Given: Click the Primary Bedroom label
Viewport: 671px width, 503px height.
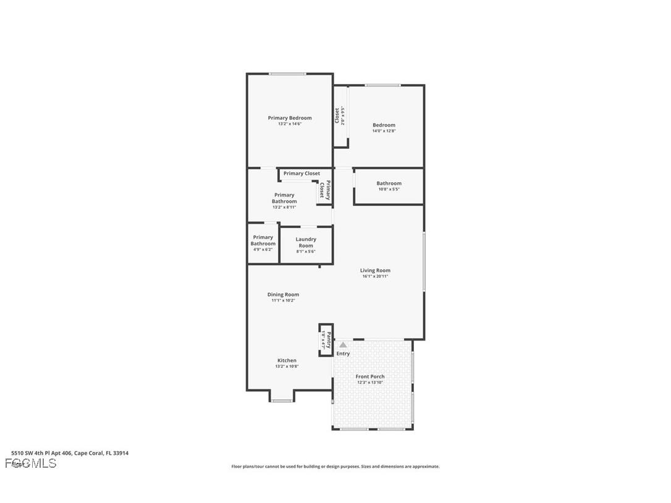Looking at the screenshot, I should (289, 117).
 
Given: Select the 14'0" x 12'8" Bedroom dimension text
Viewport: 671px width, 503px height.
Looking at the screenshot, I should (384, 131).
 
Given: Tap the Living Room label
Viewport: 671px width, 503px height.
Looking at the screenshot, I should (375, 270).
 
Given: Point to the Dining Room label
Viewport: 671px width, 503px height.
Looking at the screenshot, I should (283, 295).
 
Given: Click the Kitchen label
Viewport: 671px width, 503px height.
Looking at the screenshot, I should (287, 360).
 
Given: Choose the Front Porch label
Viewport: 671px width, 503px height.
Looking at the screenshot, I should (370, 376).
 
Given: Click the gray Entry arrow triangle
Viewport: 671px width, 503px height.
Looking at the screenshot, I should (343, 345).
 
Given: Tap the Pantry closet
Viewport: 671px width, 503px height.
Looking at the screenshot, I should (326, 340).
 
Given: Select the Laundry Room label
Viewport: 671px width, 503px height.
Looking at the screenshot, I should (306, 242).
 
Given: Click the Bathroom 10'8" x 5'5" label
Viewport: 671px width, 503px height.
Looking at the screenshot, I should (389, 185).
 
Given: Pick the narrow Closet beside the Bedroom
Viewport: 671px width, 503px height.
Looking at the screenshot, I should (340, 116).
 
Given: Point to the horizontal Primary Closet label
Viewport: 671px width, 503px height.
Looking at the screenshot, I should (302, 174).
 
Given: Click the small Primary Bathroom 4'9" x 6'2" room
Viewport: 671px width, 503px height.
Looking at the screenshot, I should (263, 243).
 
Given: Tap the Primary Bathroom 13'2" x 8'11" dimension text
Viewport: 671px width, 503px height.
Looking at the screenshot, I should (284, 207).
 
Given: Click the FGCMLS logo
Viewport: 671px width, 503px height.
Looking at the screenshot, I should (30, 463).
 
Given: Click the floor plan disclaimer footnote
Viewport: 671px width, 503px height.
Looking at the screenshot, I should (335, 467).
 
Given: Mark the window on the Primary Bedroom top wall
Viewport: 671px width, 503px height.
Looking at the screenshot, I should (287, 74).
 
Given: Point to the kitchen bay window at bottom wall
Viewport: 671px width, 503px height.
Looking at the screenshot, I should (282, 401).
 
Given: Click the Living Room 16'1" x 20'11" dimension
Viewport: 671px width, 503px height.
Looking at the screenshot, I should (375, 276).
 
